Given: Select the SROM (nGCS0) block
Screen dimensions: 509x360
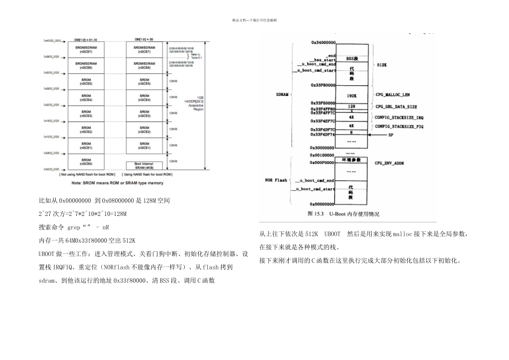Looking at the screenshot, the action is coord(86,162).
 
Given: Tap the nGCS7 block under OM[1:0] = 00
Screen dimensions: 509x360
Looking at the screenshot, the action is coord(145,50).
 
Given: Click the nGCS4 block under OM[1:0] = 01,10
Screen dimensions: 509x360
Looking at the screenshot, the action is coord(86,99).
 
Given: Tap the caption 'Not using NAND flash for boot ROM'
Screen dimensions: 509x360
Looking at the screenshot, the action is coord(86,175).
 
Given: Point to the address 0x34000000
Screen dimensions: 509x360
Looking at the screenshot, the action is coord(323,42).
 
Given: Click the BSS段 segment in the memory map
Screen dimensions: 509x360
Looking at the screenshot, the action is coord(351,58).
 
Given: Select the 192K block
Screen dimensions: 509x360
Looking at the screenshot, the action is coord(351,95).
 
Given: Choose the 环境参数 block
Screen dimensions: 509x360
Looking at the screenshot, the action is coord(351,161).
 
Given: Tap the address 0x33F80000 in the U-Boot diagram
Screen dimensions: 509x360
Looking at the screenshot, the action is coord(323,85).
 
